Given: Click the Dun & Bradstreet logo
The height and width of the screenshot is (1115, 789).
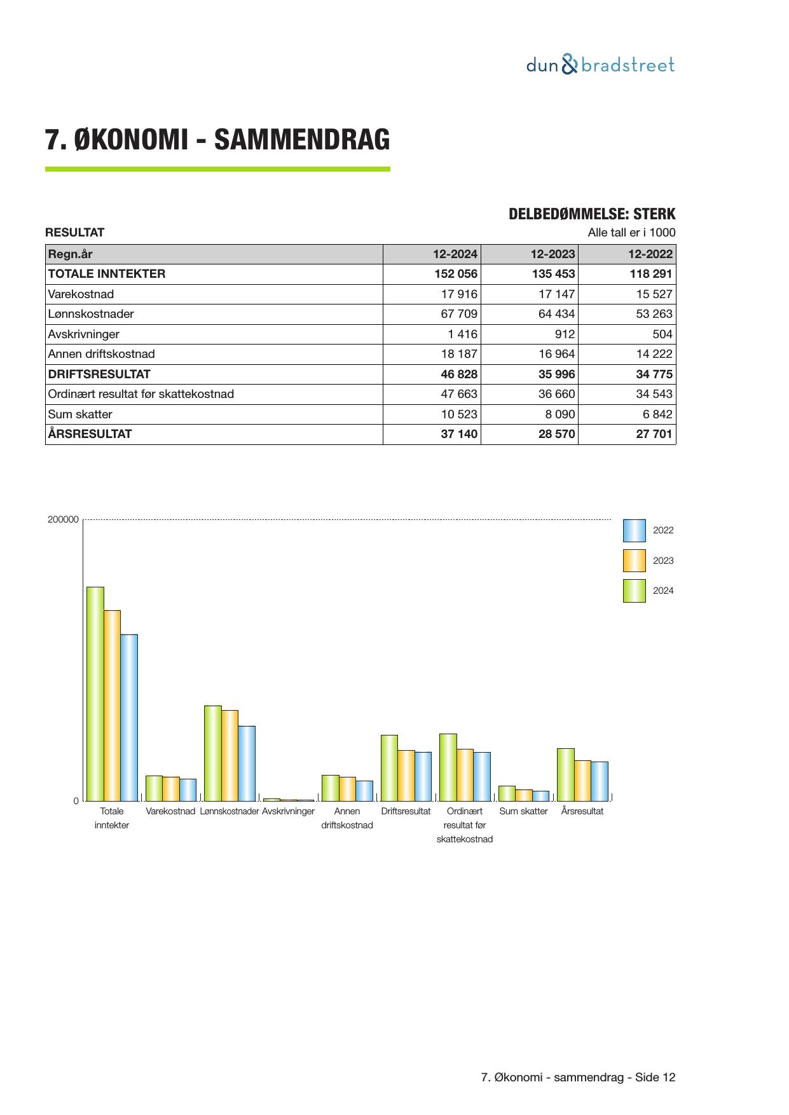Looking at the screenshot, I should pos(600,65).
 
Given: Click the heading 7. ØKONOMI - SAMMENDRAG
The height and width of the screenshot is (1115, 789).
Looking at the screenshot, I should pos(217,140).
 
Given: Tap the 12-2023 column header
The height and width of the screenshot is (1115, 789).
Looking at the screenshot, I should pos(552,254).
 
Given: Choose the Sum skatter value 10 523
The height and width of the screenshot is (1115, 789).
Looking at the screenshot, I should pos(458,414).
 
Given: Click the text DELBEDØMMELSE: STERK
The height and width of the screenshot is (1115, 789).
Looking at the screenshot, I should pos(591,214).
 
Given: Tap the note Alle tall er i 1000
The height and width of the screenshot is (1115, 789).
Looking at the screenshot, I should pos(631,233).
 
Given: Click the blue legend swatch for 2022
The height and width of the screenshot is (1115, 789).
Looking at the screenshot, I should pos(634,530).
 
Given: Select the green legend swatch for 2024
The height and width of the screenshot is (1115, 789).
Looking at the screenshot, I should pos(634,591).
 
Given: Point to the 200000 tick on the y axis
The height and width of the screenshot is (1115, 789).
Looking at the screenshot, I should pos(63,519).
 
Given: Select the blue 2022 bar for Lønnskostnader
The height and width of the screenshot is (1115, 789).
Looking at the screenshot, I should pos(247,763).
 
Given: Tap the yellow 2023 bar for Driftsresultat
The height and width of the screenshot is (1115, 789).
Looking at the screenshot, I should pos(406,776).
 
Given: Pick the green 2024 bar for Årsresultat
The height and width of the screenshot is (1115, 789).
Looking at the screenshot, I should pos(565,774).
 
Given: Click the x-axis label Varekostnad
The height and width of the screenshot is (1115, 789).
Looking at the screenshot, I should pos(170,811).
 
